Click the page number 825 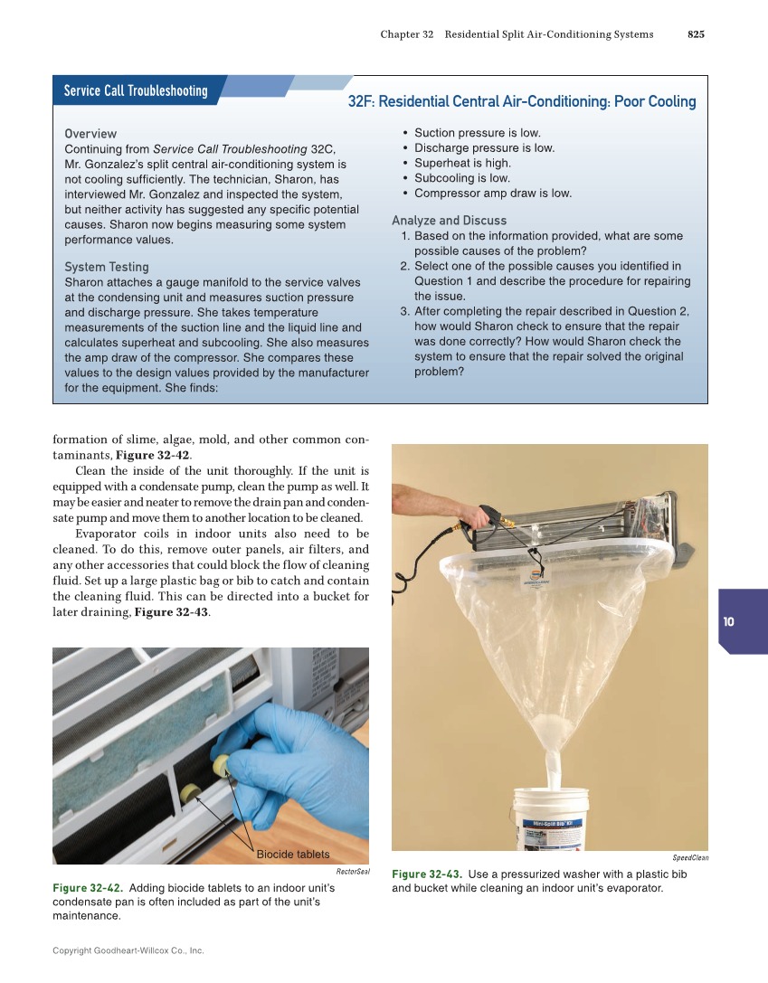[696, 34]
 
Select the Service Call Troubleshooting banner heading [136, 90]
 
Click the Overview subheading [90, 134]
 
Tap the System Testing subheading [107, 267]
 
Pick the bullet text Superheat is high [462, 163]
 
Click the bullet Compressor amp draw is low [493, 193]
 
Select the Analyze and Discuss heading [449, 221]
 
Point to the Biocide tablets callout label [293, 855]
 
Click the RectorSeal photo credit [353, 872]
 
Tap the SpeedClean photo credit [690, 857]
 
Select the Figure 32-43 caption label [427, 874]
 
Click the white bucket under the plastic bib [550, 818]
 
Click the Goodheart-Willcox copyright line [128, 950]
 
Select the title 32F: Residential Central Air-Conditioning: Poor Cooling [522, 102]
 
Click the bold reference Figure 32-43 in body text [170, 612]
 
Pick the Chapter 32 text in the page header [406, 34]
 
